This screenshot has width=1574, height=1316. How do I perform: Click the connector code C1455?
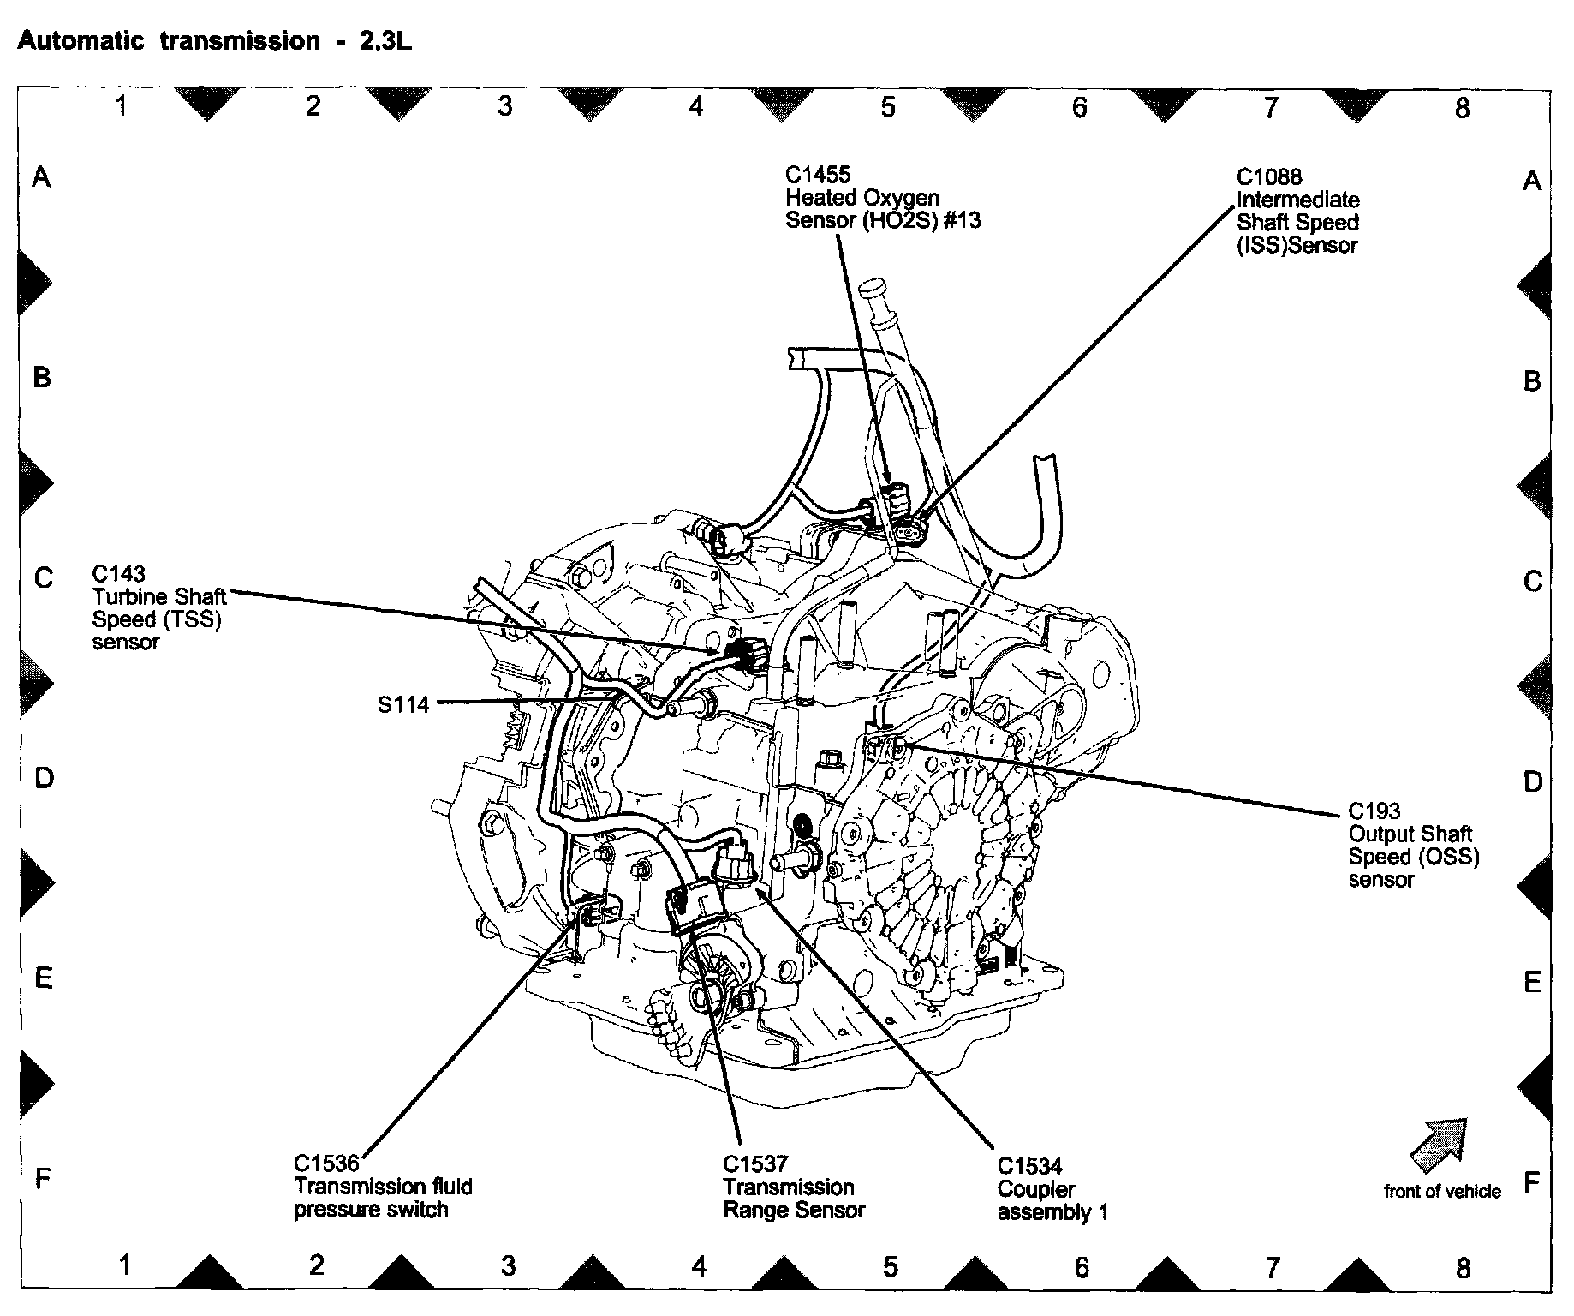[818, 175]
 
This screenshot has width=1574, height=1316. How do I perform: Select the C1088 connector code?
[1269, 177]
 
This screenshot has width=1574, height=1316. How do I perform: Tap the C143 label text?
[119, 573]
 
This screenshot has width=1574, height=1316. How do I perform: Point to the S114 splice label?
[403, 705]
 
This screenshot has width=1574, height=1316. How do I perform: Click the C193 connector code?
[1374, 811]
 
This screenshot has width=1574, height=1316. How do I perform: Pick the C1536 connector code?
[326, 1163]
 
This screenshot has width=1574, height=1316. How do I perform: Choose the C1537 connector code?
[755, 1163]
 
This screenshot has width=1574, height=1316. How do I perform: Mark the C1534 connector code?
[1030, 1166]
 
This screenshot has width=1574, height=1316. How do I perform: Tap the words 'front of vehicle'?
[1442, 1191]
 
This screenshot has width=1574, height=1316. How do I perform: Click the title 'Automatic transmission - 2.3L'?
[214, 42]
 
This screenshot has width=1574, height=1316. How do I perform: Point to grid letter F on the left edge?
[41, 1180]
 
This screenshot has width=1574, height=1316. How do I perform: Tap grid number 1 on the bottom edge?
[125, 1265]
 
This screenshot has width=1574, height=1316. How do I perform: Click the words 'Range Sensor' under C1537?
[794, 1210]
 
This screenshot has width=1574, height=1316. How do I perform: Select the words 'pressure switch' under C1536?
[371, 1210]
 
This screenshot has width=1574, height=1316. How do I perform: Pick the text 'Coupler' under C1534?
[1036, 1189]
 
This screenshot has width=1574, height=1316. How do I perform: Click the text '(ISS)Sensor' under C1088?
[1297, 246]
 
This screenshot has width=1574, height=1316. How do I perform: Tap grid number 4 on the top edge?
[696, 106]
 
